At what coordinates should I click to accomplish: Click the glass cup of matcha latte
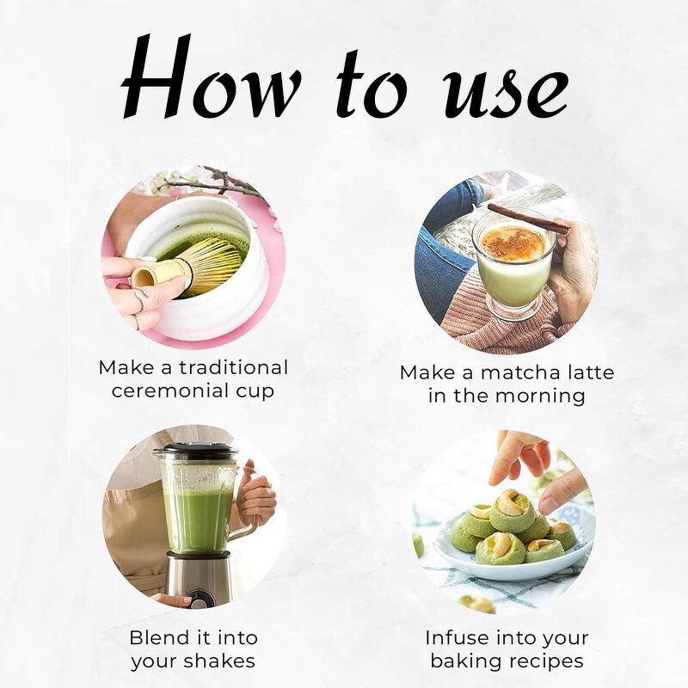point(515,262)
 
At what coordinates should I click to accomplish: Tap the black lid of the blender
point(195,451)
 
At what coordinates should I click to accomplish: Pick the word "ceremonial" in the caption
point(181,392)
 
